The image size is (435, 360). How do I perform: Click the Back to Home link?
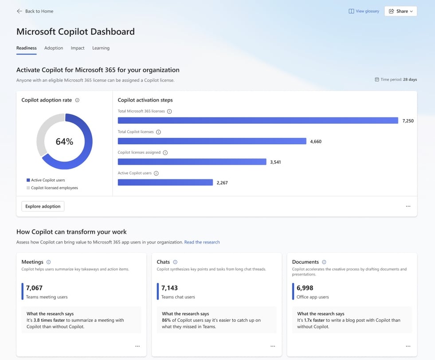(x=35, y=11)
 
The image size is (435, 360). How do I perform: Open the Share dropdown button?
(x=400, y=11)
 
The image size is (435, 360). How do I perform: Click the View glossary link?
(x=364, y=11)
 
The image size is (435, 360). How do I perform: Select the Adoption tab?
(x=54, y=48)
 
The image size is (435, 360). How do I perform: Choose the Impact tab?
(x=78, y=48)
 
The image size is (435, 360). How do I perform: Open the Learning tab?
(x=101, y=48)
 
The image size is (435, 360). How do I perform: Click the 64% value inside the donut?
(x=64, y=142)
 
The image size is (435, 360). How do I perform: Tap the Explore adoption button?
(x=43, y=206)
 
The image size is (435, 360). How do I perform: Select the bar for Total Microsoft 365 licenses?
(x=258, y=121)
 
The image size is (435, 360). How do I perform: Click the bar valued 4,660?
(x=212, y=141)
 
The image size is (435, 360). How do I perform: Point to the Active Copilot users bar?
(x=165, y=182)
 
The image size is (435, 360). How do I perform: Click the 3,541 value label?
(x=275, y=162)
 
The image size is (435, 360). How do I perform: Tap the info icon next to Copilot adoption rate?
(x=77, y=100)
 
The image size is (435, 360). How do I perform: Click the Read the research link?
(x=202, y=242)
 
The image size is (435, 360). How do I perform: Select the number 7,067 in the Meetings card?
(x=34, y=288)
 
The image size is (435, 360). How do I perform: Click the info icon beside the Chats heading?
(x=175, y=262)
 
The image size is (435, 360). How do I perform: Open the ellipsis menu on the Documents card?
(x=408, y=346)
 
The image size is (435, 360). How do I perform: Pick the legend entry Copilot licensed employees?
(x=54, y=188)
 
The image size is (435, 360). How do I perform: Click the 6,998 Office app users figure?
(x=305, y=288)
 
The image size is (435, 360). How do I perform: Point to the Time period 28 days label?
(x=398, y=79)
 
